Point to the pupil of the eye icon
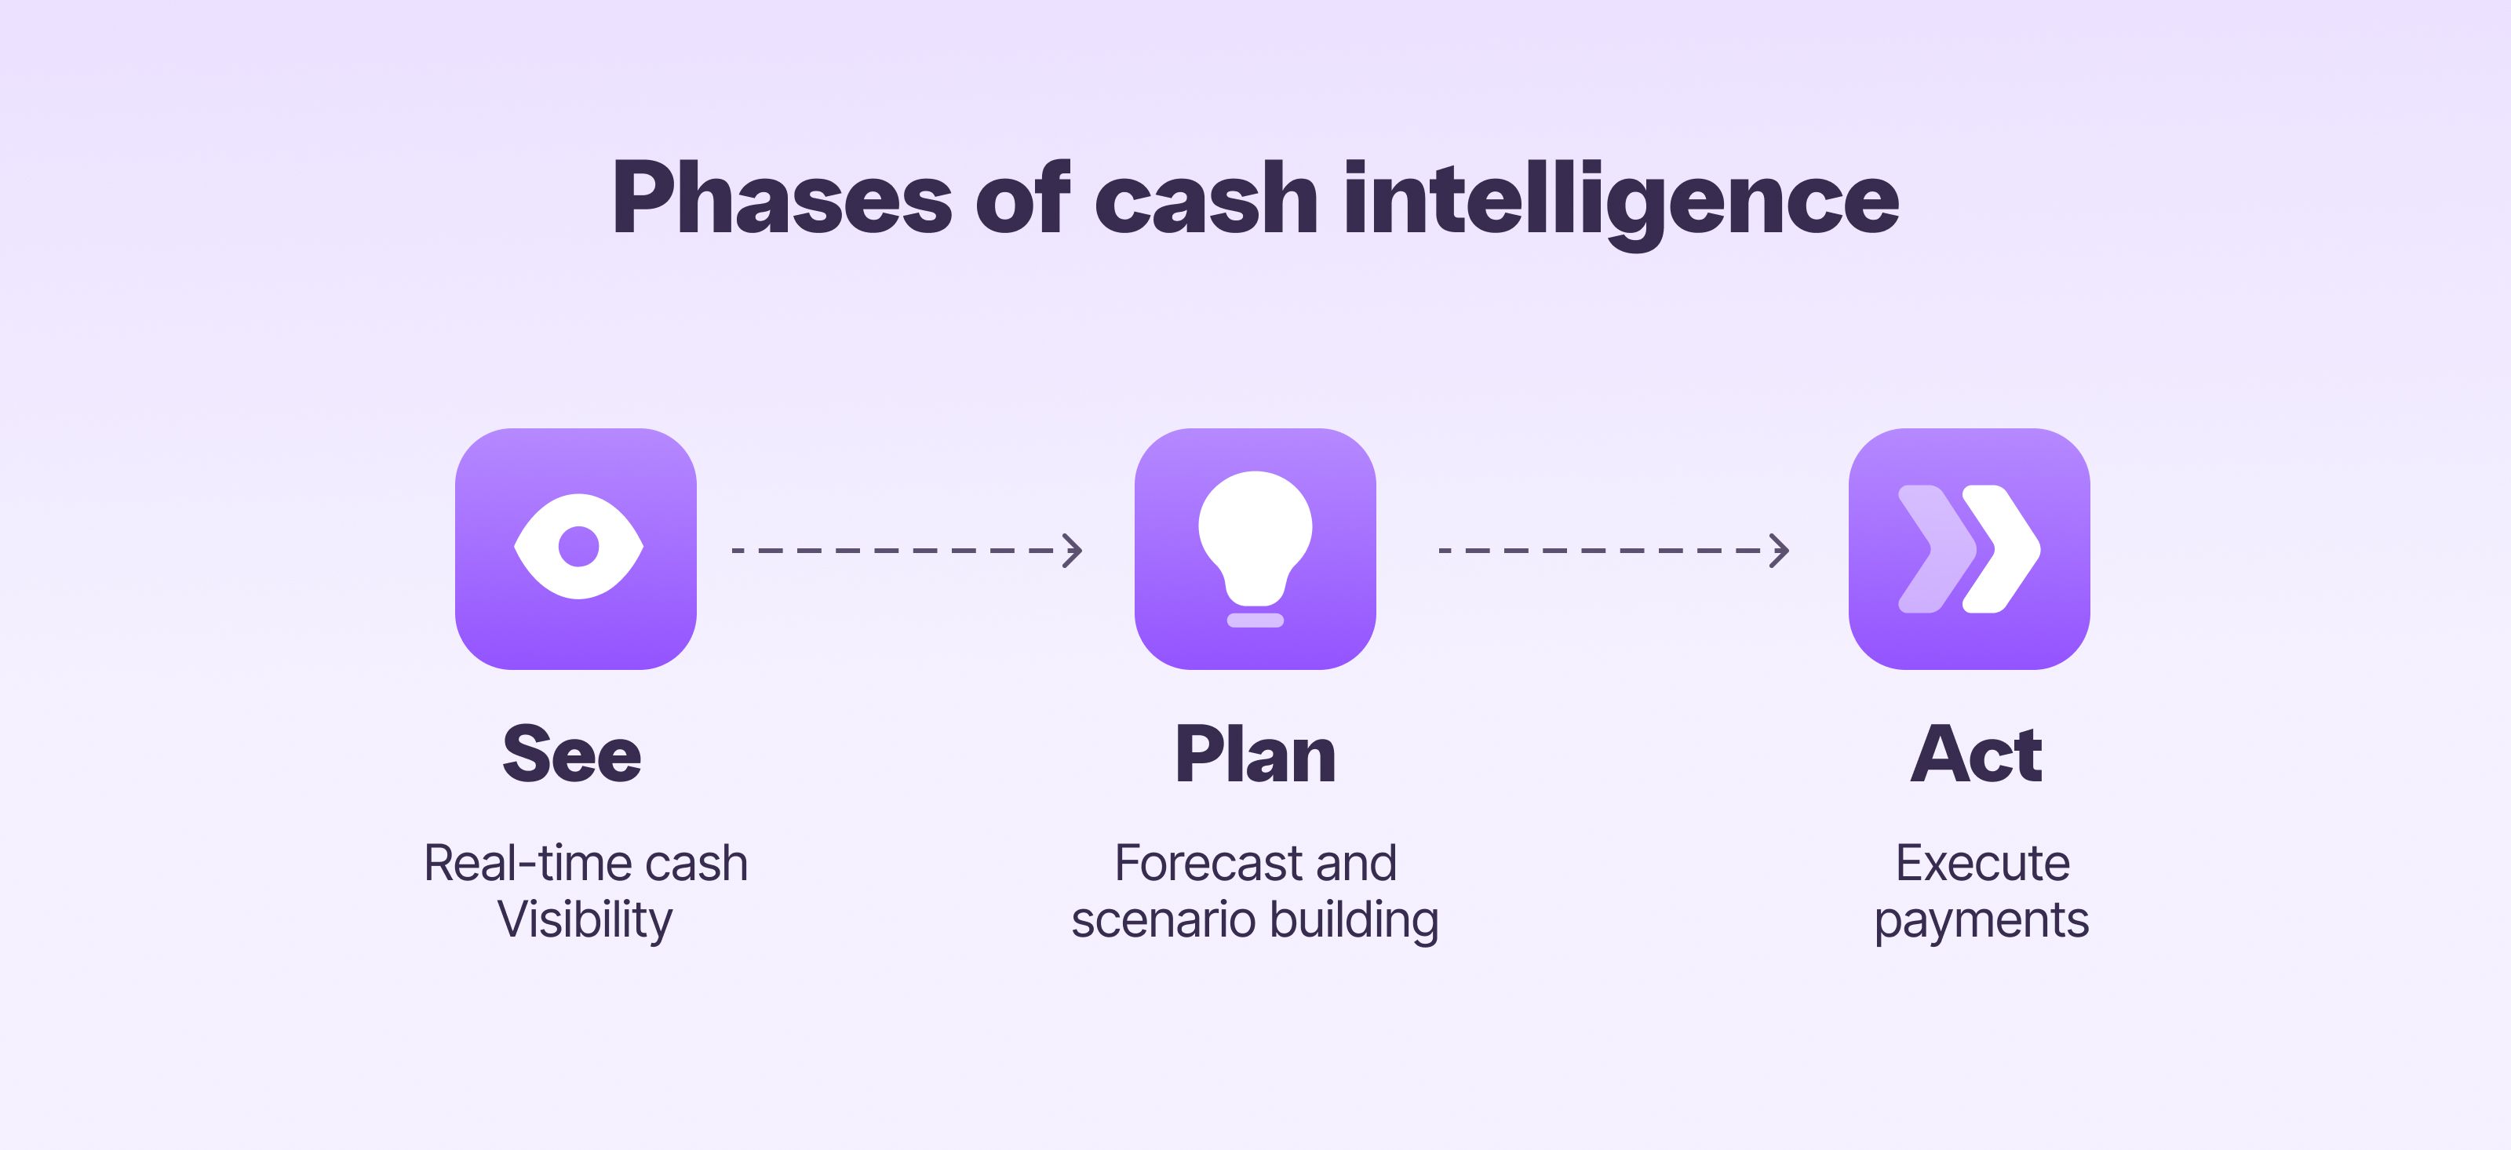point(578,547)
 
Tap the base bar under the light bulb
point(1255,620)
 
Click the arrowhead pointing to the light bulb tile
point(1073,551)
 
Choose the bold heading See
point(572,755)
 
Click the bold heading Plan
point(1255,755)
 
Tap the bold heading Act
point(1976,755)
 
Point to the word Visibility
point(585,919)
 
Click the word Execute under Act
point(1981,864)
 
